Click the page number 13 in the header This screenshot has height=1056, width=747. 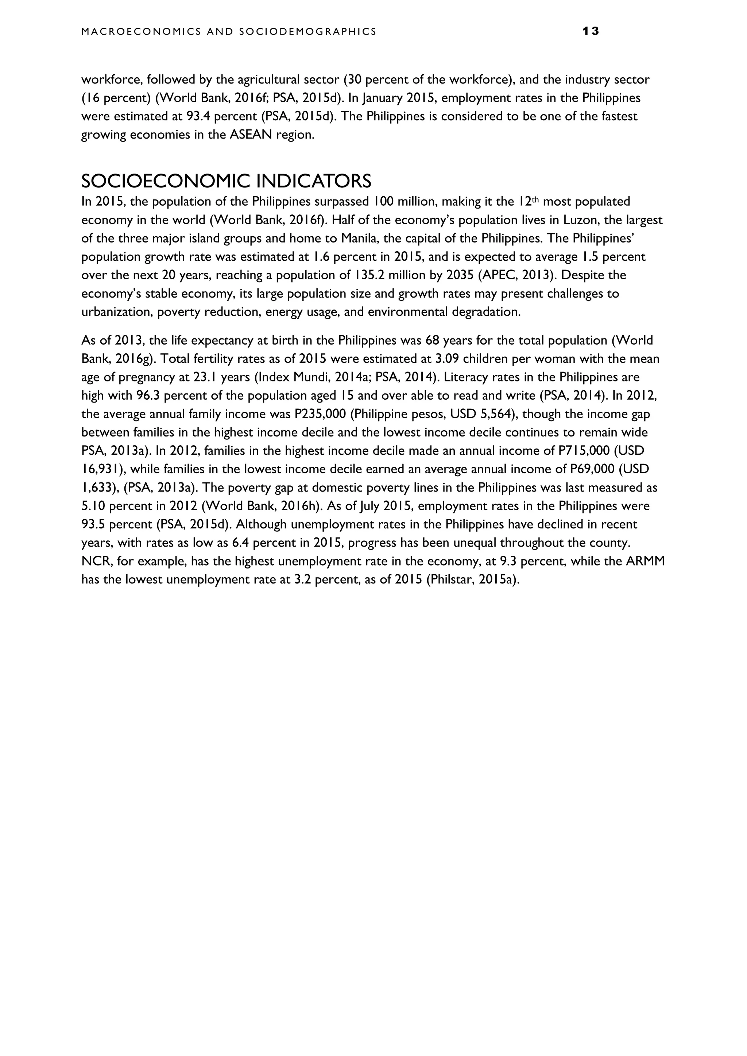point(590,31)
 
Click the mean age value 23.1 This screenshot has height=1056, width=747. point(203,377)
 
